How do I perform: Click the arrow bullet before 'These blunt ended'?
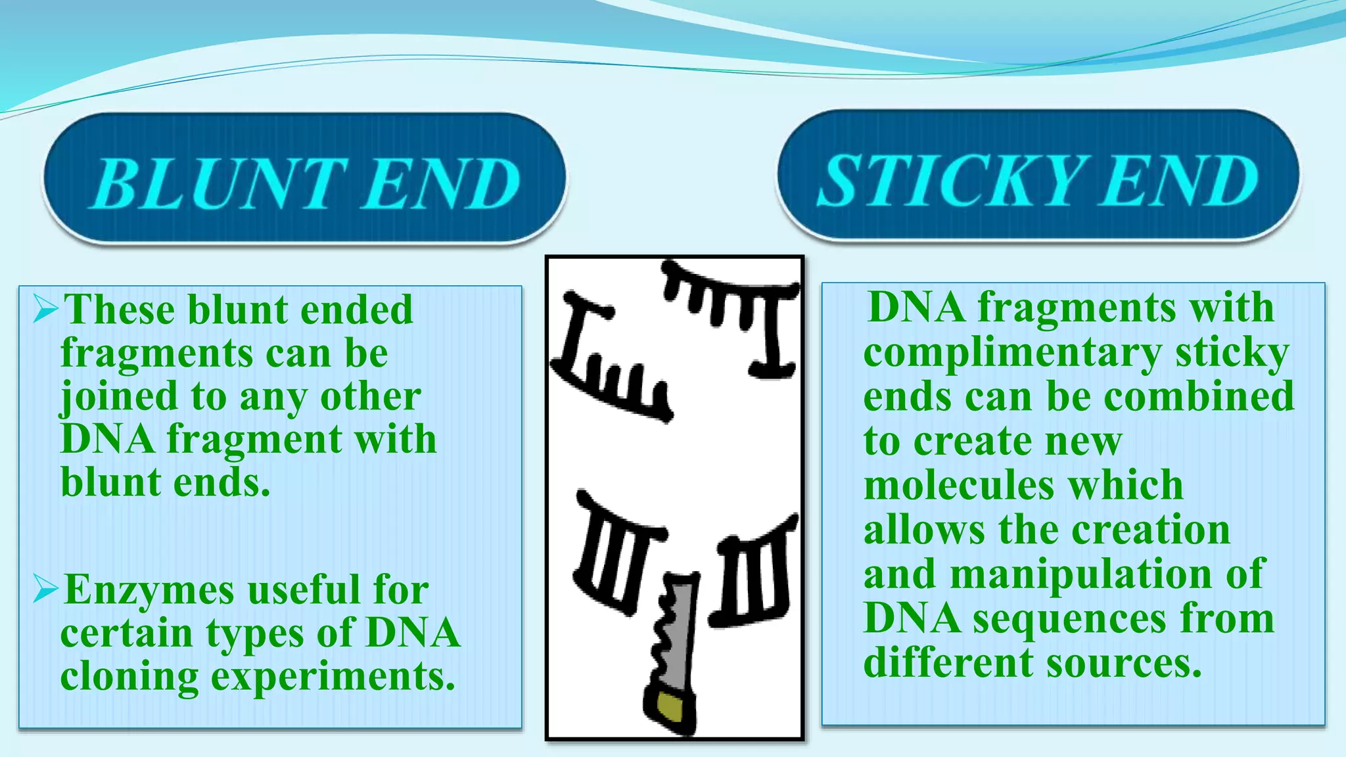coord(46,308)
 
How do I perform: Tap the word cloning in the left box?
coord(129,677)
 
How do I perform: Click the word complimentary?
coord(1012,354)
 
